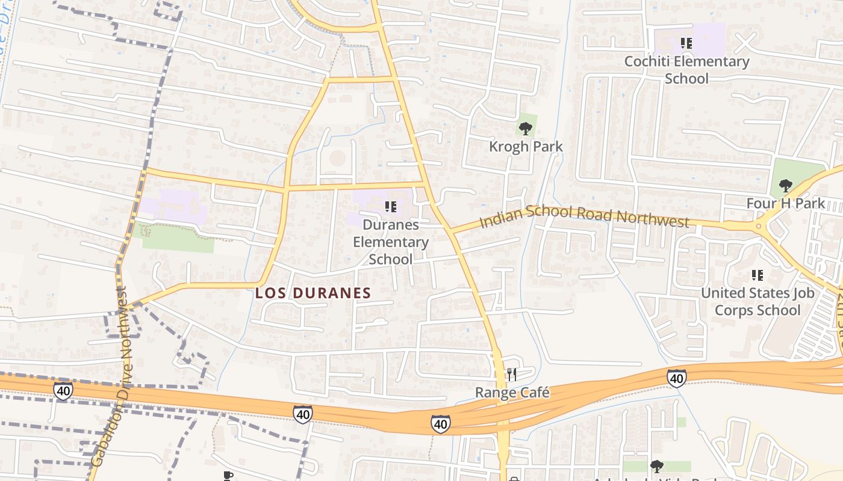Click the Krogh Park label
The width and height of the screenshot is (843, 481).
526,146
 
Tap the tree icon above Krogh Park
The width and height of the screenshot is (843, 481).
526,128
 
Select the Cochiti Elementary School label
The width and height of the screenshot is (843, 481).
686,70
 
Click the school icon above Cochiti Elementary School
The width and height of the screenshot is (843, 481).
686,43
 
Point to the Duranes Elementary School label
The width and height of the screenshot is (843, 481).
391,242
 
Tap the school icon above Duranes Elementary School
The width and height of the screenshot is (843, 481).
391,207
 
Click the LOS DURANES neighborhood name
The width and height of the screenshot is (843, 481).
313,293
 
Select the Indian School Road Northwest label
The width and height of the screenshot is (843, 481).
584,216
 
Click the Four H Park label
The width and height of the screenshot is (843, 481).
785,203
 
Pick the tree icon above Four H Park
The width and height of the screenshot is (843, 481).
785,185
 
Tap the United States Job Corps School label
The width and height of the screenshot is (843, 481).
757,302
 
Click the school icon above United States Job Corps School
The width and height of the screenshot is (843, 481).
757,276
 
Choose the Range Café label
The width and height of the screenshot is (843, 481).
512,393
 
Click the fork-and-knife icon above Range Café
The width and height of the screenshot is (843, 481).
512,375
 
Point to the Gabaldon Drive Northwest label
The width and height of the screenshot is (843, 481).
110,376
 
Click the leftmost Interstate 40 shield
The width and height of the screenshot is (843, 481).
63,390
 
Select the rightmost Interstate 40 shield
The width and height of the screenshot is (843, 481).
677,378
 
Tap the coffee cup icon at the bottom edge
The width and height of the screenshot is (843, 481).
228,476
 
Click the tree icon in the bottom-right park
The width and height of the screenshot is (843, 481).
656,466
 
